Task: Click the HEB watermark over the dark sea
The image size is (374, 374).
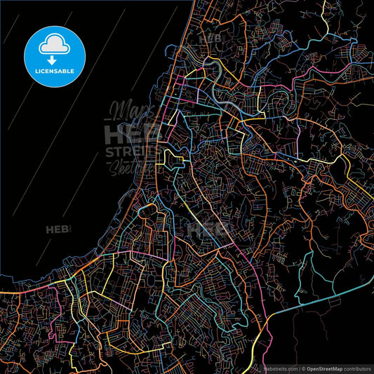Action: [58, 229]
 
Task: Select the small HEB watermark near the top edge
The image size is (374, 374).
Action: [210, 37]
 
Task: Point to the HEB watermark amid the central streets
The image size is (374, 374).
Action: [208, 228]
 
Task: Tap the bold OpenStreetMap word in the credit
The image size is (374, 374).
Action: [326, 368]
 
